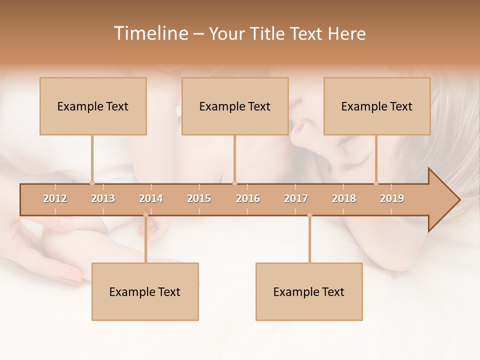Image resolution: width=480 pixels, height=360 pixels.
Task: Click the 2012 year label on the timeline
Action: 55,198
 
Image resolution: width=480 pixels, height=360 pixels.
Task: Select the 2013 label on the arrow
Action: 103,198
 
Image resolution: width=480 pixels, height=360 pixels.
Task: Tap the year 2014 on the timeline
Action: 151,198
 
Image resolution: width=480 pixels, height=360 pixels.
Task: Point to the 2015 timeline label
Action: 199,198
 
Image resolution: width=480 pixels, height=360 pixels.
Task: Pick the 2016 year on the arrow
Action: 248,198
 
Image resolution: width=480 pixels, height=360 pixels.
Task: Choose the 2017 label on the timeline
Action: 296,198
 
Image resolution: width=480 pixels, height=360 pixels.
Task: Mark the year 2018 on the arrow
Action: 344,198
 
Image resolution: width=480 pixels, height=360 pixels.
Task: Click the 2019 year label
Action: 392,198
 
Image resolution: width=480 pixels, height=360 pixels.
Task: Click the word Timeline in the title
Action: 150,33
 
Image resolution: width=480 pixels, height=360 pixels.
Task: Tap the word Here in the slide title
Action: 346,33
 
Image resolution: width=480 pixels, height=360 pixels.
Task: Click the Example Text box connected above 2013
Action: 93,106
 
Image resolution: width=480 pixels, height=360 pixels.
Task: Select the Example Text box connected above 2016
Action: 235,106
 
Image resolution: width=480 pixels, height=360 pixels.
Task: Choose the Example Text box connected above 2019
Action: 377,106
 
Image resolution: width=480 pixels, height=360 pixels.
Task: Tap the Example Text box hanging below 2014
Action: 145,291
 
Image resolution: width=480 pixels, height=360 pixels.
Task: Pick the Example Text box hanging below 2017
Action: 309,291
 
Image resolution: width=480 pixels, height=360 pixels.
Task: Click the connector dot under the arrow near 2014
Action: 145,215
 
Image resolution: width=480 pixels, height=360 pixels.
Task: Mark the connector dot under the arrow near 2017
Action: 309,215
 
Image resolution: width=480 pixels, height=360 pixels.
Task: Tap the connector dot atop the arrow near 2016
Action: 234,183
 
